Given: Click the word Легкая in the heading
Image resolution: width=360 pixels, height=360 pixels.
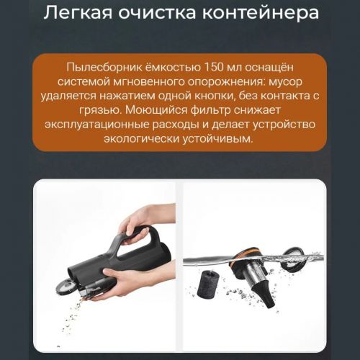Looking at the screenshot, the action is [78, 12].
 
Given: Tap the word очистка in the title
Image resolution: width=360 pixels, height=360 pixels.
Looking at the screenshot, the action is [157, 13].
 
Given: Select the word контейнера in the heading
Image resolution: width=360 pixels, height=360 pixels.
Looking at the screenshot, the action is [261, 14].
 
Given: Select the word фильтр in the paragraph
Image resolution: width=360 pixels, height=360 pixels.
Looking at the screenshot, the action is [210, 111].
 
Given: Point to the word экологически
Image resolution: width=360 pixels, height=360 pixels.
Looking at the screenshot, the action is [141, 139].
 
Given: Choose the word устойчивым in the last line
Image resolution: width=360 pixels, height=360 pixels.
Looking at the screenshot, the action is [217, 139].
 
